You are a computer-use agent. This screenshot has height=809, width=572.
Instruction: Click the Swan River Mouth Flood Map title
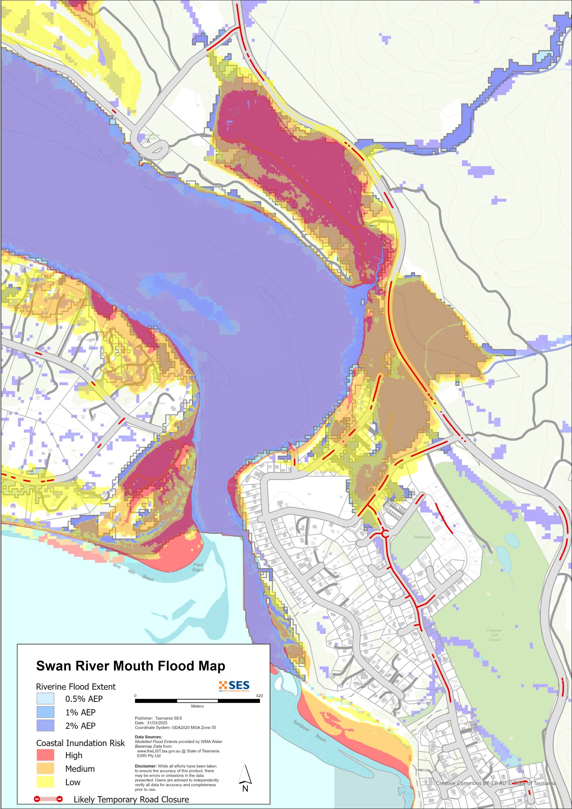coord(131,666)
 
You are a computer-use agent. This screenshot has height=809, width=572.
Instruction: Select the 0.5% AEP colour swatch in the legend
coord(46,698)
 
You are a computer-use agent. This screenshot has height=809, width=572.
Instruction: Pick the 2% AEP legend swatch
coord(46,726)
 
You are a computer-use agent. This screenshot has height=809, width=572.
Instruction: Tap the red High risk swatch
coord(46,755)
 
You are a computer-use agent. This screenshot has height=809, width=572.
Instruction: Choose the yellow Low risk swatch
coord(46,782)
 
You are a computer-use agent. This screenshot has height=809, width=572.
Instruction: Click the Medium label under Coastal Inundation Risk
coord(80,769)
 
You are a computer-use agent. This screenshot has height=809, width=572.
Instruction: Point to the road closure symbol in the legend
coord(48,799)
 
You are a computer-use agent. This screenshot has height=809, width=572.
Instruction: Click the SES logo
coord(234,686)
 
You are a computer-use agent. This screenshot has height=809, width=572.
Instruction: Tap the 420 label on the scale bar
coord(259,696)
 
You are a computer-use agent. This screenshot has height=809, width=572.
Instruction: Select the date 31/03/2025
coord(157,723)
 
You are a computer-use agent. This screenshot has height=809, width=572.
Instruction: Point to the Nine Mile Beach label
coord(133,572)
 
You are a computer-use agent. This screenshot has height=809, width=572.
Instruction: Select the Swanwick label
coord(422,537)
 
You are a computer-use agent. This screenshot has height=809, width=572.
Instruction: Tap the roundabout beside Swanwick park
coord(385,534)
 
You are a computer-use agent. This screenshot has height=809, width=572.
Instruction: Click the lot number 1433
coord(111,463)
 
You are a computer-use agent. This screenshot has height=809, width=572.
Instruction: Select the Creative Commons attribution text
coord(495,783)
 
